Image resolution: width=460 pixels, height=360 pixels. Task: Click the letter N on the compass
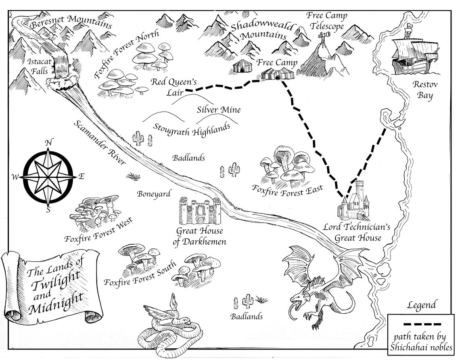tap(49, 142)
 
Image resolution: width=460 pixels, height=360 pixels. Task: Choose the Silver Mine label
tap(219, 110)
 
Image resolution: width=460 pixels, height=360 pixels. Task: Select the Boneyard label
tap(154, 194)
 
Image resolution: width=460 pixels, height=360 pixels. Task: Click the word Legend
tap(422, 305)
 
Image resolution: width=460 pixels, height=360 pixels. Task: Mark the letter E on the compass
tap(81, 176)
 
